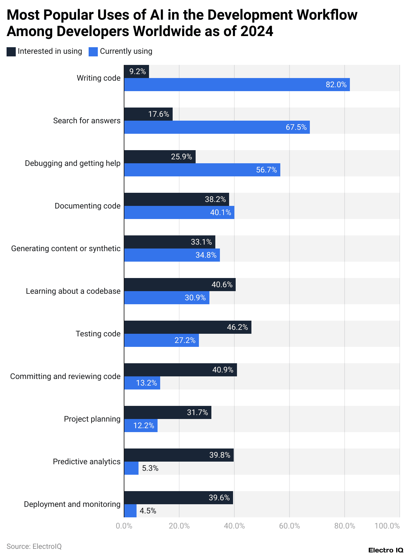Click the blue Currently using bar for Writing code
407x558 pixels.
pyautogui.click(x=236, y=85)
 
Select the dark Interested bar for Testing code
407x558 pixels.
pyautogui.click(x=187, y=327)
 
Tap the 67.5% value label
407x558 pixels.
pyautogui.click(x=296, y=127)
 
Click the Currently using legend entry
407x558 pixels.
pyautogui.click(x=121, y=51)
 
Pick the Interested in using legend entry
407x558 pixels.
pyautogui.click(x=45, y=51)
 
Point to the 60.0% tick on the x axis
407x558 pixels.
pyautogui.click(x=289, y=526)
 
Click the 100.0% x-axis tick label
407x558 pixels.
pyautogui.click(x=387, y=526)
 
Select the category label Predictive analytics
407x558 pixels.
pyautogui.click(x=87, y=462)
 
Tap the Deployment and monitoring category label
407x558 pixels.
pyautogui.click(x=72, y=504)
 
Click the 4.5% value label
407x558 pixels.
pyautogui.click(x=148, y=511)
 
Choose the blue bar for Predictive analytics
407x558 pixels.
pyautogui.click(x=131, y=468)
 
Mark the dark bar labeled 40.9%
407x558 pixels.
pyautogui.click(x=180, y=370)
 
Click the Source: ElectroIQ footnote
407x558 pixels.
pyautogui.click(x=34, y=547)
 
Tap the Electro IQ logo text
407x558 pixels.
pyautogui.click(x=386, y=550)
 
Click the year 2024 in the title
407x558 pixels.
pyautogui.click(x=257, y=31)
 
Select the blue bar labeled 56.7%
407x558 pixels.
pyautogui.click(x=202, y=170)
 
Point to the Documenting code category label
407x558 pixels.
pyautogui.click(x=88, y=206)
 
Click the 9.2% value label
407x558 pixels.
pyautogui.click(x=138, y=71)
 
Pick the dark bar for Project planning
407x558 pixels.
pyautogui.click(x=167, y=412)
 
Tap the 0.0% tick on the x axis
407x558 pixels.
pyautogui.click(x=124, y=526)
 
